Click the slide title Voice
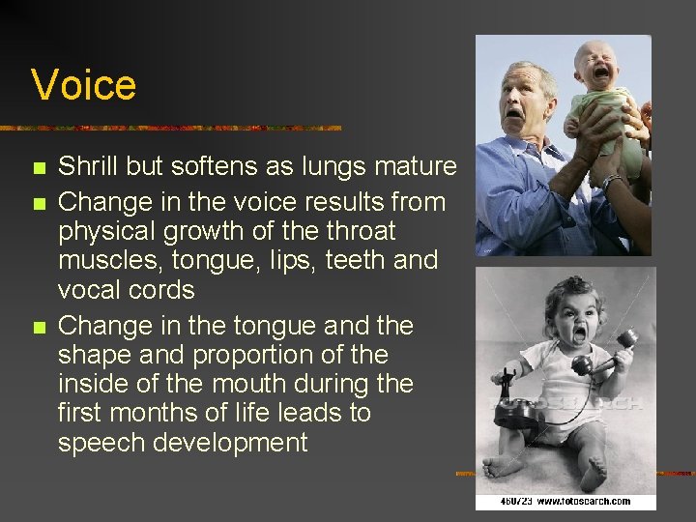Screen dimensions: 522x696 click(83, 84)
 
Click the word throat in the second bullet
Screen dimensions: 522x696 click(352, 232)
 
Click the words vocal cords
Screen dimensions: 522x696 click(127, 290)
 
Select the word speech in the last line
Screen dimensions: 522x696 click(107, 443)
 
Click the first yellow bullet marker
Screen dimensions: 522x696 click(39, 168)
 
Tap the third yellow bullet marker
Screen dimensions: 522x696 click(39, 327)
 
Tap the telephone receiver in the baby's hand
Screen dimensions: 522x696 click(604, 352)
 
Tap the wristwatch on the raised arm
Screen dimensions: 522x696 click(611, 180)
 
